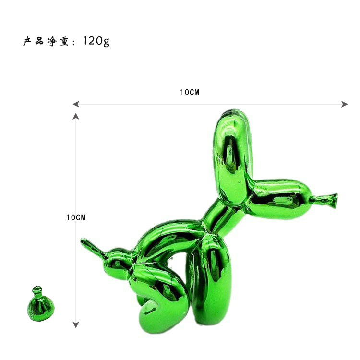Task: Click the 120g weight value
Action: pyautogui.click(x=96, y=41)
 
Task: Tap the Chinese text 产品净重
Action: pyautogui.click(x=46, y=42)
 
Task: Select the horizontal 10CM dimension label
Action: pyautogui.click(x=190, y=92)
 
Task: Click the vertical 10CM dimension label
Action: pyautogui.click(x=76, y=217)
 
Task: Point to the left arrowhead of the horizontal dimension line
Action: pyautogui.click(x=76, y=104)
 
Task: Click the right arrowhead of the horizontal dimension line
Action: pyautogui.click(x=344, y=104)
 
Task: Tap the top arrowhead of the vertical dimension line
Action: pyautogui.click(x=76, y=116)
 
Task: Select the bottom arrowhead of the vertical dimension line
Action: pyautogui.click(x=76, y=324)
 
